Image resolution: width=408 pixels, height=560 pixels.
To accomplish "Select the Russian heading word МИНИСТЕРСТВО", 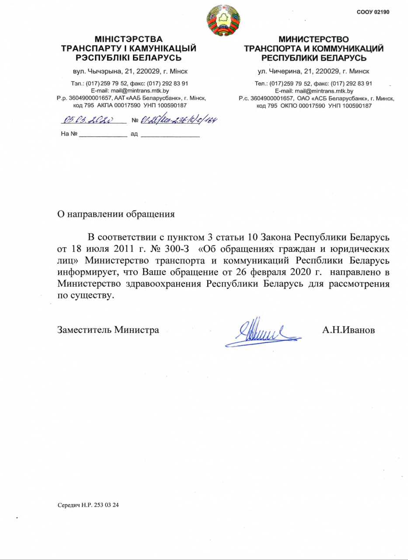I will pos(314,41).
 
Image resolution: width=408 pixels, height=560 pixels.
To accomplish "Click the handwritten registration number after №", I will pos(179,121).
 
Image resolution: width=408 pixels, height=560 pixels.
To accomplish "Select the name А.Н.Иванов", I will pos(349,329).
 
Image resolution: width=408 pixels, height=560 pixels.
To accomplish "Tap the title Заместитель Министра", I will pos(108,329).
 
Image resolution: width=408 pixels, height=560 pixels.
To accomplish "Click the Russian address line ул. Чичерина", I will pos(313,71).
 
